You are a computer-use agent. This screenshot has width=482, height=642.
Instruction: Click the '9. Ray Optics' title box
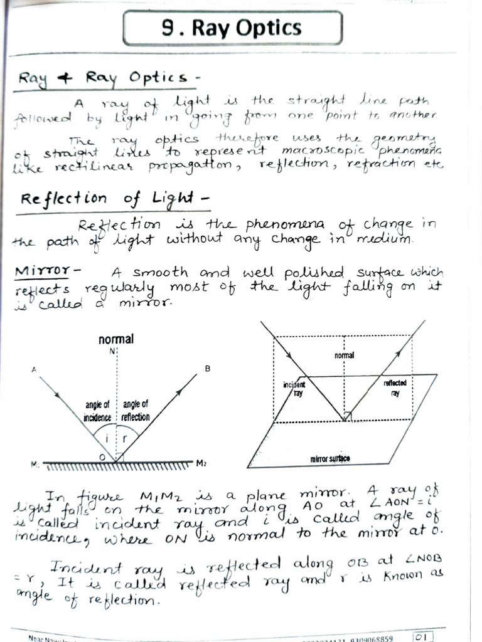232,28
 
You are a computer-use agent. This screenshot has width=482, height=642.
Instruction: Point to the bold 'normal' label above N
116,339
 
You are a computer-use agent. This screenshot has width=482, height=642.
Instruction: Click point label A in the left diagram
33,370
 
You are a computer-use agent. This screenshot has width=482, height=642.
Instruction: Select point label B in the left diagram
207,369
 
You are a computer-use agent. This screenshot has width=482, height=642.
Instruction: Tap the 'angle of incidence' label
98,411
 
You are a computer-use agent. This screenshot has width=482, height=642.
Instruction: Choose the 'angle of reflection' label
135,411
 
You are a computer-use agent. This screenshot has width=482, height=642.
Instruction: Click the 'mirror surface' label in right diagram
330,459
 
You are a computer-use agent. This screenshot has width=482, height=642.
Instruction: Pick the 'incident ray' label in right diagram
294,388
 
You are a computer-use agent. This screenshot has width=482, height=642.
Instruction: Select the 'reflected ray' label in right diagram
395,388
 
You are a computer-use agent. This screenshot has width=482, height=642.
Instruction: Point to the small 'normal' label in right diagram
344,355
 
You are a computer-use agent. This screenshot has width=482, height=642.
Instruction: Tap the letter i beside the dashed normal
107,439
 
